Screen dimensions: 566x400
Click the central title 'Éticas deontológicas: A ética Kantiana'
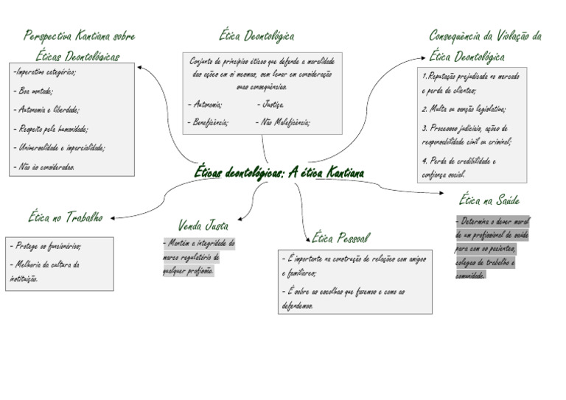(279, 172)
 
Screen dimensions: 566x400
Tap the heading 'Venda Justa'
(203, 225)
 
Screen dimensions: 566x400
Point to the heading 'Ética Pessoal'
(340, 237)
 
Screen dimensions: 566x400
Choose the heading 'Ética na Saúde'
(489, 200)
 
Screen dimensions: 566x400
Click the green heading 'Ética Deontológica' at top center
(256, 35)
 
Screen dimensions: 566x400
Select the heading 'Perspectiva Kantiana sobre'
(80, 35)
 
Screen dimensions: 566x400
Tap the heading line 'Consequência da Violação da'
(485, 35)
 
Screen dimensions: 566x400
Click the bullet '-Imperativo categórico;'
(44, 72)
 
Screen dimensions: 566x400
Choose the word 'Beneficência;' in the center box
(209, 122)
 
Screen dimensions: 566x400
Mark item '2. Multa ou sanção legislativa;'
(464, 109)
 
